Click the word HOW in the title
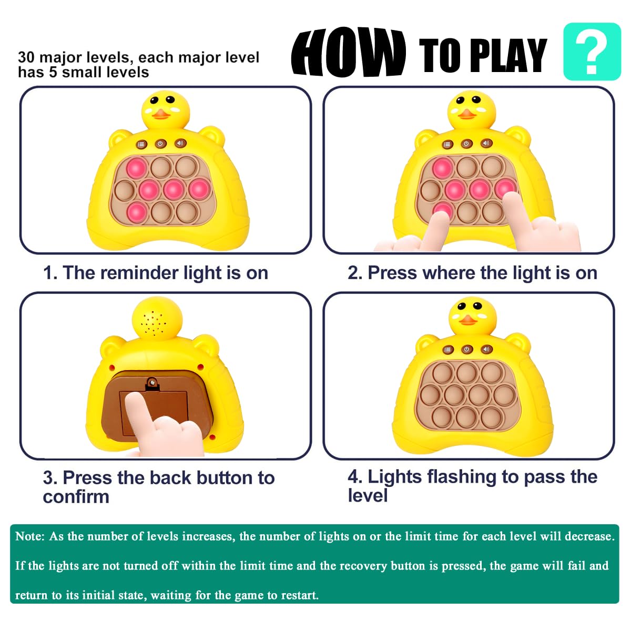(x=349, y=53)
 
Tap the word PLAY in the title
(x=508, y=55)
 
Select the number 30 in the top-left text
(x=26, y=57)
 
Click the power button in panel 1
(x=160, y=144)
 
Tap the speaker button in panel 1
(x=180, y=143)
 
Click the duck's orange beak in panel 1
(x=161, y=114)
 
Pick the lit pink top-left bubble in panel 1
(x=136, y=168)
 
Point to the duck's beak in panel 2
(x=467, y=114)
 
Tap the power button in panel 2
(x=466, y=144)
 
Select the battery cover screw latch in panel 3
(x=152, y=383)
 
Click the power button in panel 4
(x=466, y=349)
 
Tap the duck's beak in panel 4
(x=467, y=320)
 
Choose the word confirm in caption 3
(x=76, y=497)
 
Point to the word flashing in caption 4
(x=462, y=477)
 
